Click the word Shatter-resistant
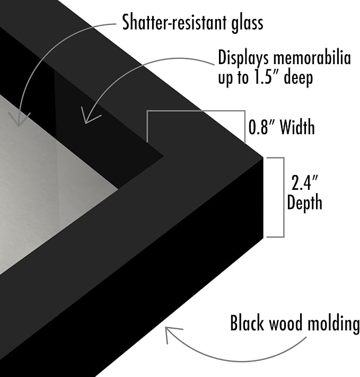click(x=174, y=22)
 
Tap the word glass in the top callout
click(x=247, y=23)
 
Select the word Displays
click(x=243, y=59)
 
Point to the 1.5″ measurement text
click(x=266, y=77)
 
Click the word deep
click(x=298, y=78)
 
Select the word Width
click(x=297, y=127)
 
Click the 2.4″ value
click(x=304, y=183)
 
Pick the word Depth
click(x=304, y=203)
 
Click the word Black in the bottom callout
click(x=247, y=323)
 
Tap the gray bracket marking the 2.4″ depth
click(x=284, y=197)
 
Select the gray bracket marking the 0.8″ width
click(x=196, y=111)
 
